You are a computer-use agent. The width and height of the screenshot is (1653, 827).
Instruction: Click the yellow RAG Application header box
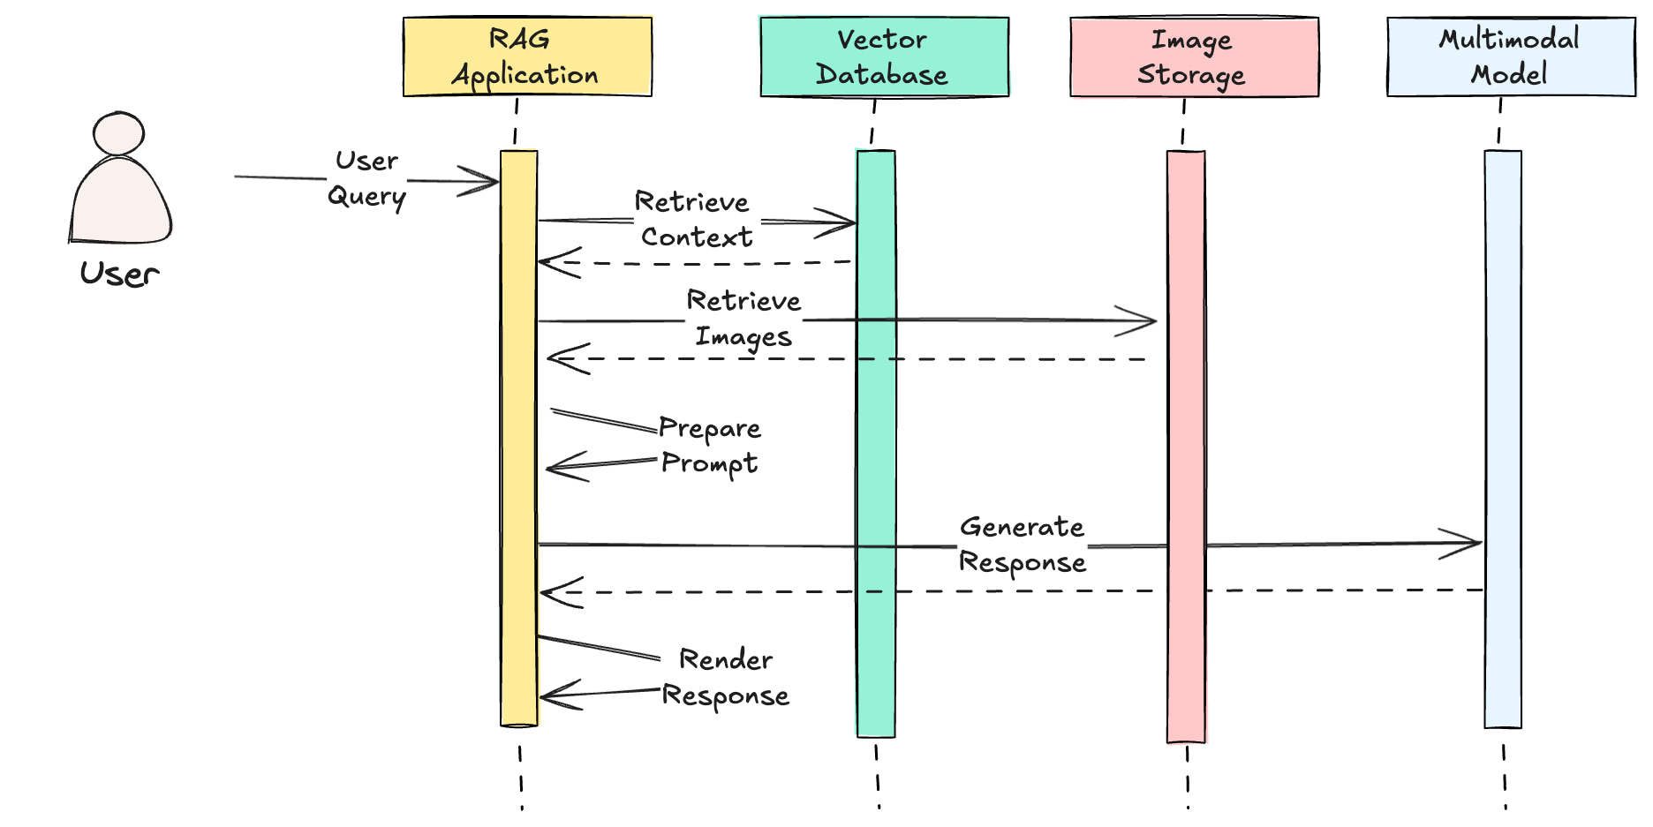[x=527, y=56]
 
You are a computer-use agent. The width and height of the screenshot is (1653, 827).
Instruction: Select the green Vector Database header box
[x=884, y=56]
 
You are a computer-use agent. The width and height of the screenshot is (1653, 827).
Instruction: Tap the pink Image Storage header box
[x=1194, y=56]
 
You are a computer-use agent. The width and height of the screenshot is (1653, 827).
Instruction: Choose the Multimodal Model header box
[x=1510, y=56]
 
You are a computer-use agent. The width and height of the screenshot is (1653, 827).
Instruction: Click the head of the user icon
[x=118, y=134]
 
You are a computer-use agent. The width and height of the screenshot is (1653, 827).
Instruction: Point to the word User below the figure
[x=119, y=274]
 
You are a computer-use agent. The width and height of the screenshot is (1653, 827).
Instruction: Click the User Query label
[x=366, y=179]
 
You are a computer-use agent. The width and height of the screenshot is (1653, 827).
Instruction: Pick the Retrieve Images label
[x=743, y=319]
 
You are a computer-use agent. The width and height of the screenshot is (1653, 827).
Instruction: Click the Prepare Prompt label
[x=709, y=446]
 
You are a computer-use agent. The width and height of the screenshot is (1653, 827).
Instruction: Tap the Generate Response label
[x=1022, y=545]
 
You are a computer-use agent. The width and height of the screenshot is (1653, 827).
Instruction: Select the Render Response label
[x=726, y=677]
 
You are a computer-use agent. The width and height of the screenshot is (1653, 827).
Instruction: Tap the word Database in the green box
[x=881, y=75]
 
